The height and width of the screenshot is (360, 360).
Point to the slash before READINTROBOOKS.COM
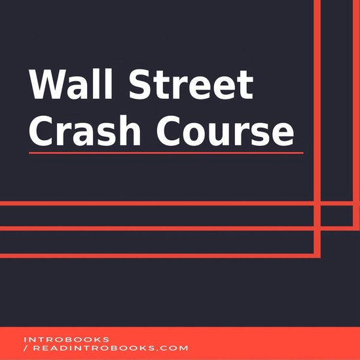(25, 349)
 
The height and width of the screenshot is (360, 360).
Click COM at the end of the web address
(177, 349)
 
